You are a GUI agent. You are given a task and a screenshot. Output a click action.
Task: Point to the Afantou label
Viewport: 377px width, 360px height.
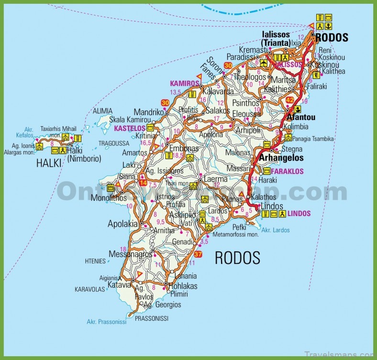(x=300, y=117)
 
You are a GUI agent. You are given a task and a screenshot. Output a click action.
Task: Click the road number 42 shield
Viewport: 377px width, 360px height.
(x=290, y=99)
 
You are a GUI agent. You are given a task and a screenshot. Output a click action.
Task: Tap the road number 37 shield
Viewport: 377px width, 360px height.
(x=199, y=254)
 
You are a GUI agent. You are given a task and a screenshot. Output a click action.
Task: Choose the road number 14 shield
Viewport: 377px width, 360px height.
(x=143, y=182)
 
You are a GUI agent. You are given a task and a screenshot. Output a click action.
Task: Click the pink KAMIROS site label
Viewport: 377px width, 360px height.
(x=184, y=83)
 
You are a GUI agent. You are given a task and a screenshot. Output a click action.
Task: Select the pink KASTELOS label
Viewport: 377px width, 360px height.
(x=130, y=128)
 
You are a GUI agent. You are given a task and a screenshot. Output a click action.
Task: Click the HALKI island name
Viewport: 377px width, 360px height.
(x=49, y=164)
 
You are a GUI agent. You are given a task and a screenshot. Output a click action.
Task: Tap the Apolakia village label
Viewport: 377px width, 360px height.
(x=123, y=223)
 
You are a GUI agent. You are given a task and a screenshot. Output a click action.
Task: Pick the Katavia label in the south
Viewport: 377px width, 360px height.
(x=119, y=285)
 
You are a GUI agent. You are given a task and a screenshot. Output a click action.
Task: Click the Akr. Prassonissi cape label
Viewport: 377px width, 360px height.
(x=107, y=322)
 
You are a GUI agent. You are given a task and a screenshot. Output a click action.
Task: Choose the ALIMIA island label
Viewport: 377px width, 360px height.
(x=103, y=111)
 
